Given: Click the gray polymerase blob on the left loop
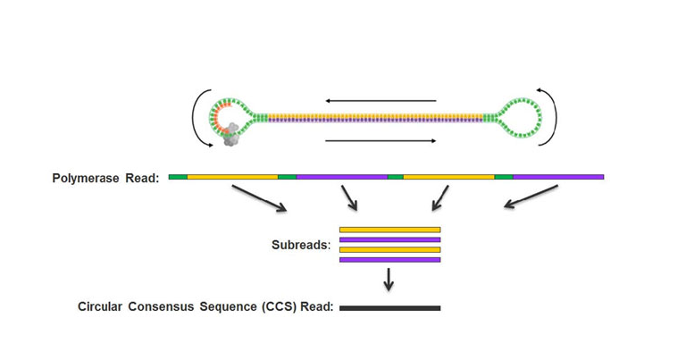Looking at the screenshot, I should pos(230,135).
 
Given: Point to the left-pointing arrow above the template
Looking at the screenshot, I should pos(381,101).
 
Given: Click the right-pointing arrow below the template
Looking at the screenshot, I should pos(381,140).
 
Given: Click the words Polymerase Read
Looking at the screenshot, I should pos(105,178).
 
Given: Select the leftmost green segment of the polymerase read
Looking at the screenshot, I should pos(177,177).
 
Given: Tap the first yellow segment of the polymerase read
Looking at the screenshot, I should pos(232,177).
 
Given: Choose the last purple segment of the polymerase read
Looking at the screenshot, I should pos(558,177).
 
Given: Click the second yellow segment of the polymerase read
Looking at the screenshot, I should pos(448,177).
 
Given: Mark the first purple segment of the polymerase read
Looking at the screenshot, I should pos(341,177).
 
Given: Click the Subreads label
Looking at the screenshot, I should pos(302,244).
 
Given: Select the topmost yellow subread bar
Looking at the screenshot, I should pos(389,230).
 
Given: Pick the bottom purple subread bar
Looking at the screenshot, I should pos(389,260).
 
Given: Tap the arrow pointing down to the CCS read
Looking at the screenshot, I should pos(389,280).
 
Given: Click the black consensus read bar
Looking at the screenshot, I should pos(389,308).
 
